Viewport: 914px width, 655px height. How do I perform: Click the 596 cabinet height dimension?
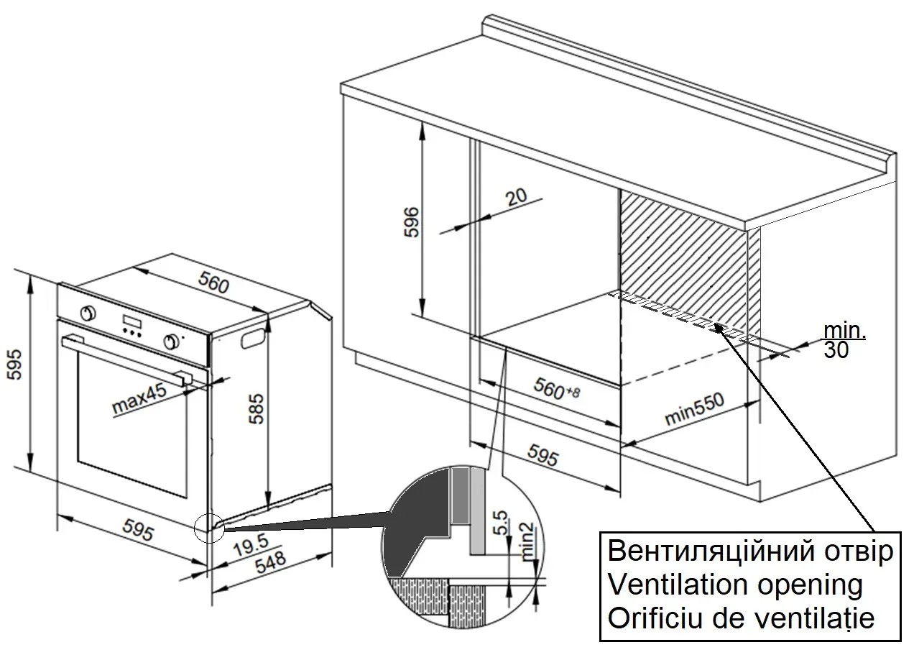tap(410, 222)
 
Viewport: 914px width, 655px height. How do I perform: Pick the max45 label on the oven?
tap(139, 399)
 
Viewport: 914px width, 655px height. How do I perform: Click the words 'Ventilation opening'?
tap(734, 585)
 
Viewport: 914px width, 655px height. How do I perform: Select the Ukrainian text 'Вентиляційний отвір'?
tap(750, 551)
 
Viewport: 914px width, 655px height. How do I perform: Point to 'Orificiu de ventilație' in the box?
tap(741, 618)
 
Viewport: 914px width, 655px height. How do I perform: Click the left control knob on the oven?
tap(88, 313)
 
